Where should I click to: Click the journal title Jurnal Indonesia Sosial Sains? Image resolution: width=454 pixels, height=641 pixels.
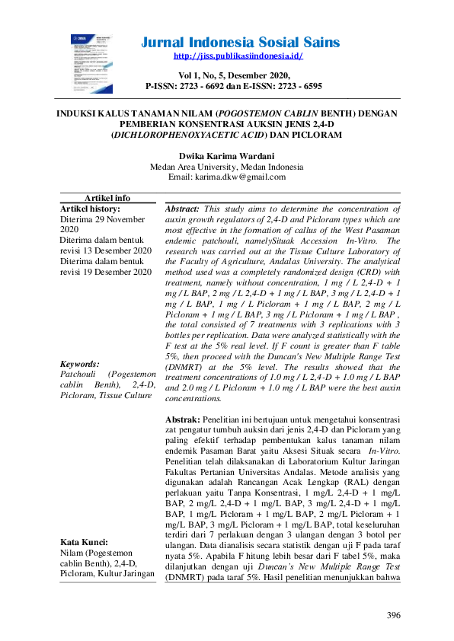241,42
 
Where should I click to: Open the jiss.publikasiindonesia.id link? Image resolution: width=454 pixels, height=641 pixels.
238,56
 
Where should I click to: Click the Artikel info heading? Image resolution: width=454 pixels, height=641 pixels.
107,198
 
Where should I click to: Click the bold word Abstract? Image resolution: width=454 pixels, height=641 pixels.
183,208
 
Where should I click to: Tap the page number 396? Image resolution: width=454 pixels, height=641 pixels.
393,615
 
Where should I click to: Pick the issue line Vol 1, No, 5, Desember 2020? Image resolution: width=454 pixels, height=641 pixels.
233,75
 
